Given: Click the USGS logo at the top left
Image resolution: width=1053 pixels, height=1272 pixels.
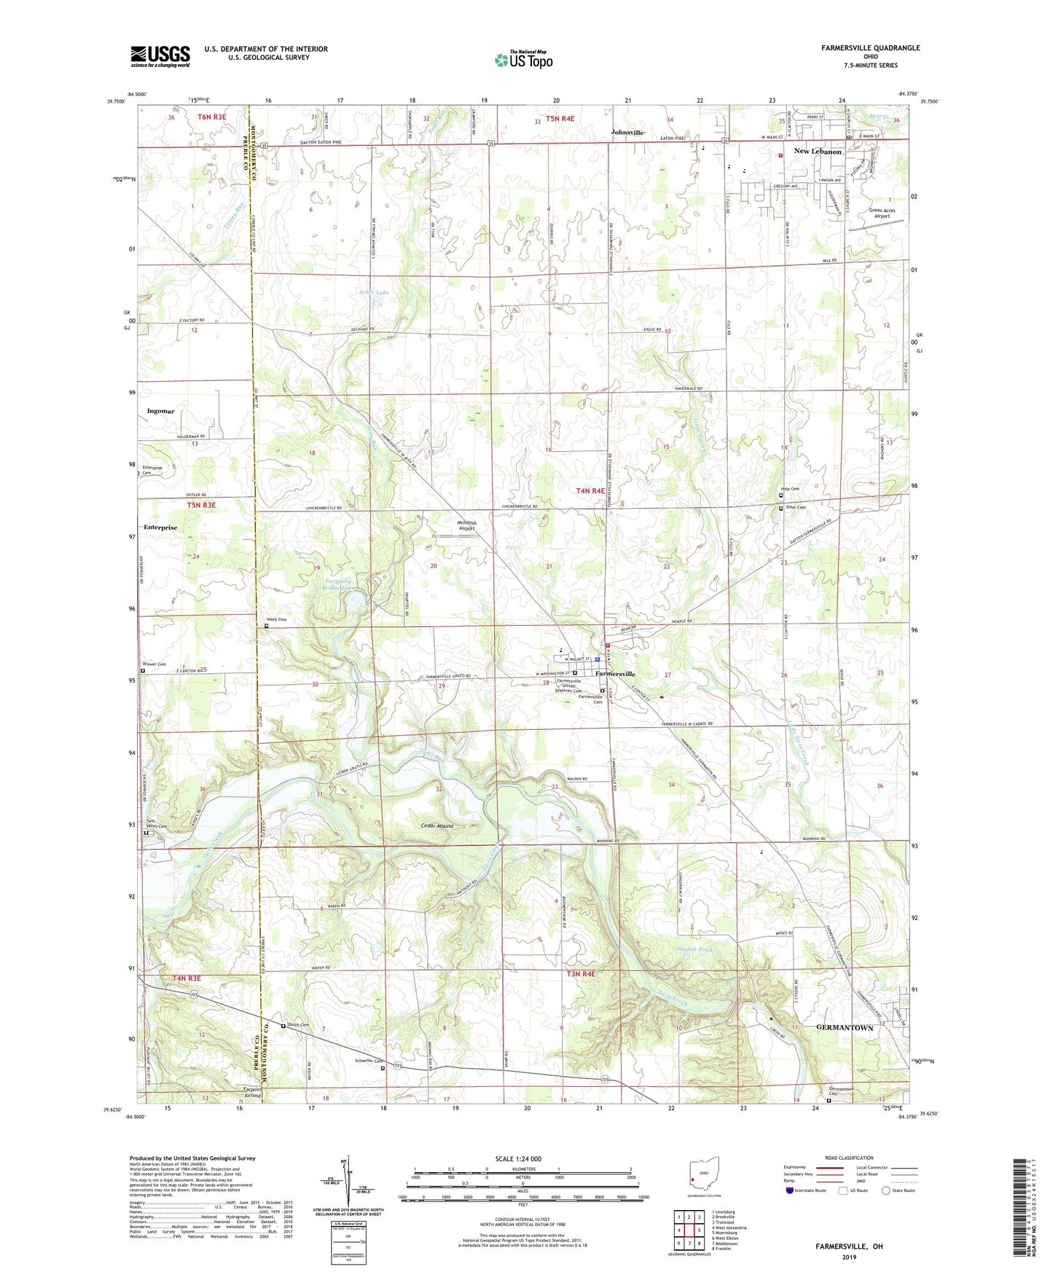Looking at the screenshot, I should coord(160,55).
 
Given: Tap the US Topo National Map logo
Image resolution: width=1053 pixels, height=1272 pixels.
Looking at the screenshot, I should coord(523,59).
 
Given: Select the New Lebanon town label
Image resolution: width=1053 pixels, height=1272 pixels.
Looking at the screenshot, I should coord(817,152).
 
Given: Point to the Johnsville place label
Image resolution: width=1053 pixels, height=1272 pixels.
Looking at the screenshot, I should coord(627,133).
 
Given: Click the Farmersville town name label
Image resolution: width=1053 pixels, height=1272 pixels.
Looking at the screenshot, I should coord(615,674).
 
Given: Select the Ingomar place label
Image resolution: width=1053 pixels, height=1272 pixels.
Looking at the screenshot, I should coord(160,411).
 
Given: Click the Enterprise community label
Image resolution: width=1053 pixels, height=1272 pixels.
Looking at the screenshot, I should coord(160,527).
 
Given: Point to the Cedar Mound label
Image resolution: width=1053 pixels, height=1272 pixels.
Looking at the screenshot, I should coord(437,826).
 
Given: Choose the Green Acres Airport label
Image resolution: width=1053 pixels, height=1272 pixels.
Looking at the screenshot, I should coord(882,213).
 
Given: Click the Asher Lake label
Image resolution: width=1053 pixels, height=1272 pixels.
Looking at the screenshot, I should coord(374,292).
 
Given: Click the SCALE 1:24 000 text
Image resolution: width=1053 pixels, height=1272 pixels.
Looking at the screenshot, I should coord(518,1159).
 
